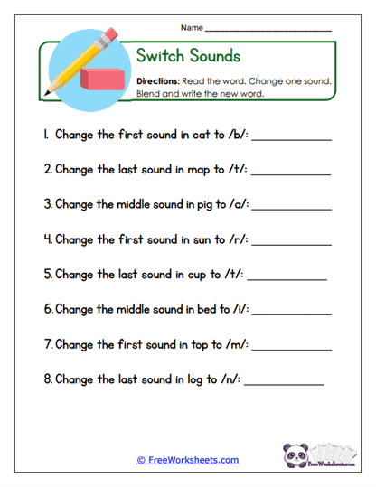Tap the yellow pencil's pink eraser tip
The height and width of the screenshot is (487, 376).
111,36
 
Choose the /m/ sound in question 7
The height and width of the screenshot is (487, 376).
233,344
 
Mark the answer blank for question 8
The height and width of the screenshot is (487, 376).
284,384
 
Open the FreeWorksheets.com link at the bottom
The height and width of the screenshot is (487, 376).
187,460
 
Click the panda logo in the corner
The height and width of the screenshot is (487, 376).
297,453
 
